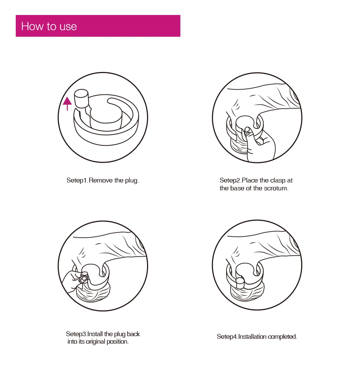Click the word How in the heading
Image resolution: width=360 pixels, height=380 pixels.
click(x=32, y=26)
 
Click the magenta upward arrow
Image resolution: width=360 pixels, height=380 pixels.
click(x=67, y=104)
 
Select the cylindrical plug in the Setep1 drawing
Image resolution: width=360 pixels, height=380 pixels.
click(x=81, y=99)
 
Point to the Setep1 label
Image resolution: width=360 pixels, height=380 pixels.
click(x=77, y=181)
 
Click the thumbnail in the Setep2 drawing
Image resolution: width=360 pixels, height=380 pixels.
click(x=247, y=130)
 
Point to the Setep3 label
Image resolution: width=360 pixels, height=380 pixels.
click(x=76, y=334)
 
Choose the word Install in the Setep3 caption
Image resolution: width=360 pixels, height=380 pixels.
click(x=95, y=334)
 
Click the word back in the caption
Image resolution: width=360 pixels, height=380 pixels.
click(x=133, y=334)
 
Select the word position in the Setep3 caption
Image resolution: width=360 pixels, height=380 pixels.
click(x=118, y=342)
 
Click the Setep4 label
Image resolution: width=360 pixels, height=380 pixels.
click(x=228, y=337)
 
